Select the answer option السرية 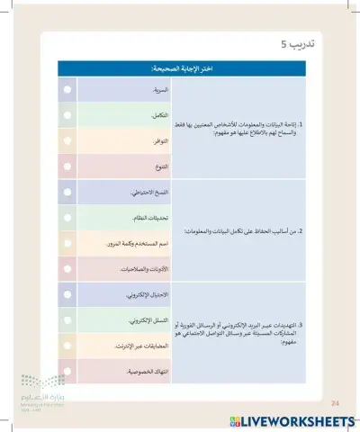pyautogui.click(x=157, y=91)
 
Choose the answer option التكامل pyautogui.click(x=157, y=116)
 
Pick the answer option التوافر pyautogui.click(x=157, y=141)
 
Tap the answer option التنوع pyautogui.click(x=157, y=166)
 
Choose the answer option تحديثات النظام pyautogui.click(x=147, y=218)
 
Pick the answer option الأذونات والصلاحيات pyautogui.click(x=143, y=268)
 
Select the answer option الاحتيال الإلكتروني pyautogui.click(x=144, y=294)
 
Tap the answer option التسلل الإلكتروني pyautogui.click(x=145, y=319)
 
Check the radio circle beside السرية pyautogui.click(x=67, y=91)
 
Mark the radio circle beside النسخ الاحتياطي pyautogui.click(x=67, y=193)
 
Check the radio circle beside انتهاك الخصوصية pyautogui.click(x=67, y=370)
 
